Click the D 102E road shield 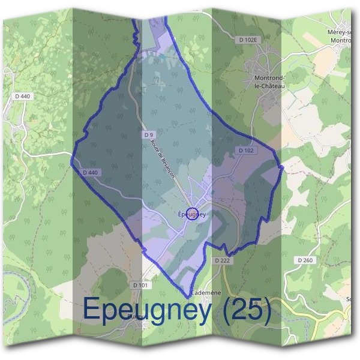pyautogui.click(x=247, y=40)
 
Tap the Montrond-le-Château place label pyautogui.click(x=269, y=82)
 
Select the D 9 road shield pyautogui.click(x=148, y=135)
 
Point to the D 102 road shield pyautogui.click(x=246, y=150)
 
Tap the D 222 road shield pyautogui.click(x=222, y=260)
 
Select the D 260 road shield pyautogui.click(x=305, y=260)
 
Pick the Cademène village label pyautogui.click(x=206, y=293)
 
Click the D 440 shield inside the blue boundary pyautogui.click(x=89, y=173)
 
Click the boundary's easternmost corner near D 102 pyautogui.click(x=282, y=166)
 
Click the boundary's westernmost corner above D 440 pyautogui.click(x=72, y=160)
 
